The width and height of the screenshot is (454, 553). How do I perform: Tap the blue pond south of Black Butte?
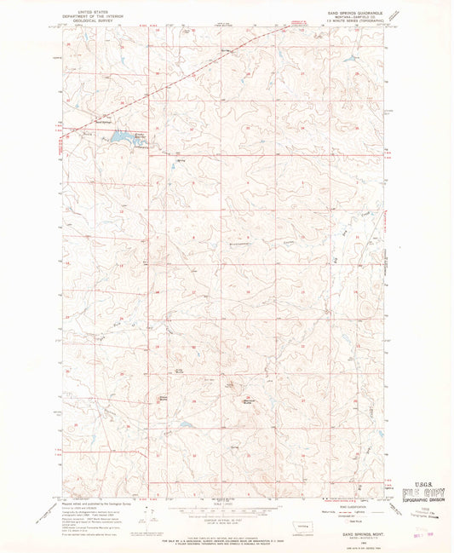tap(184, 423)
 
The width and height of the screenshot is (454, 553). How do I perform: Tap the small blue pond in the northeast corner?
tap(350, 58)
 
